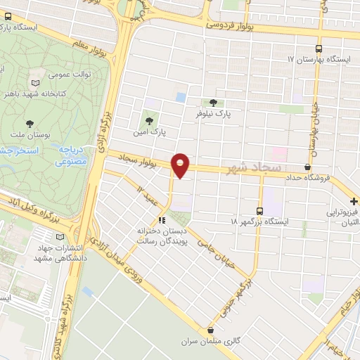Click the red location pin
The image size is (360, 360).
point(181,165)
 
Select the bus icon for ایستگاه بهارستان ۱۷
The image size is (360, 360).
point(320,49)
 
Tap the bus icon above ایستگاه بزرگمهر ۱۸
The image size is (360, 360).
point(260,210)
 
